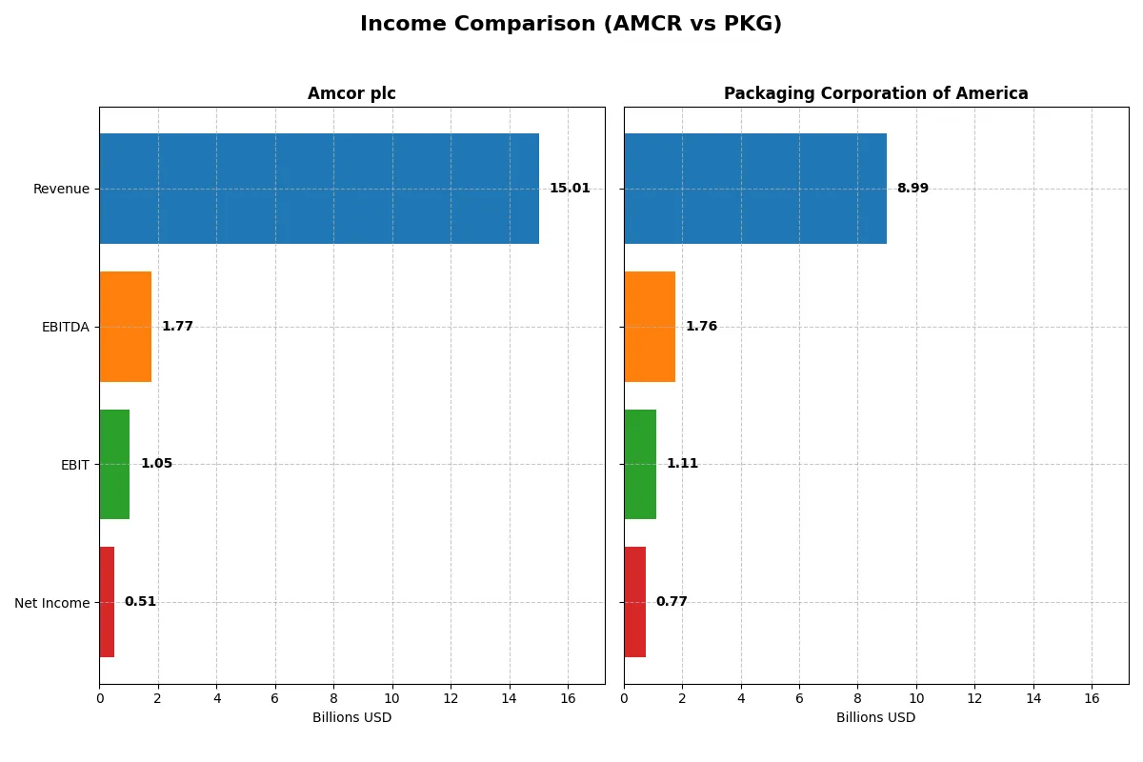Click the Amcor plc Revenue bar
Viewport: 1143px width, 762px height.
(319, 189)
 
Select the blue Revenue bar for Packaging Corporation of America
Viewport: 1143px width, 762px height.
(755, 189)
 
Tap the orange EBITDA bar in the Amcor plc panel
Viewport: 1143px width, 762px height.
(125, 327)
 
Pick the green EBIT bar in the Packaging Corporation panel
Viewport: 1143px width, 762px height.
(640, 464)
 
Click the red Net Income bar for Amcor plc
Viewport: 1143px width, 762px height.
(107, 602)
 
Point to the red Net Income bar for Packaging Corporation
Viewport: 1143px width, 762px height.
(635, 602)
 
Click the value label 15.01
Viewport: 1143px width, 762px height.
(570, 189)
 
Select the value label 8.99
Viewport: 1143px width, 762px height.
(912, 189)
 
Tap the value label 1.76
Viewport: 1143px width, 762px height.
(701, 327)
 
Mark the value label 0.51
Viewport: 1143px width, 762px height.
(140, 602)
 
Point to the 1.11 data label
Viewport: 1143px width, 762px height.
(682, 464)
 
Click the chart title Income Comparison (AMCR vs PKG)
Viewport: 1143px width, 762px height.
(571, 25)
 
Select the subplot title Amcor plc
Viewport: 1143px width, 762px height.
(351, 94)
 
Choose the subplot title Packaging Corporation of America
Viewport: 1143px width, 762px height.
(875, 94)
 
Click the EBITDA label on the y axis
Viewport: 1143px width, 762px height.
(66, 327)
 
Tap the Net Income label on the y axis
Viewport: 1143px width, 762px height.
(52, 603)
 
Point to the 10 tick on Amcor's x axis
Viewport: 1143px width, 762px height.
(391, 698)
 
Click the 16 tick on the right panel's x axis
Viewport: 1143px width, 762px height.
(1092, 698)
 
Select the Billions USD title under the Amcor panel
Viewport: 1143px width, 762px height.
(351, 717)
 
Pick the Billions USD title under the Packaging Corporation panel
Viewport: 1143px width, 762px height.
(875, 717)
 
